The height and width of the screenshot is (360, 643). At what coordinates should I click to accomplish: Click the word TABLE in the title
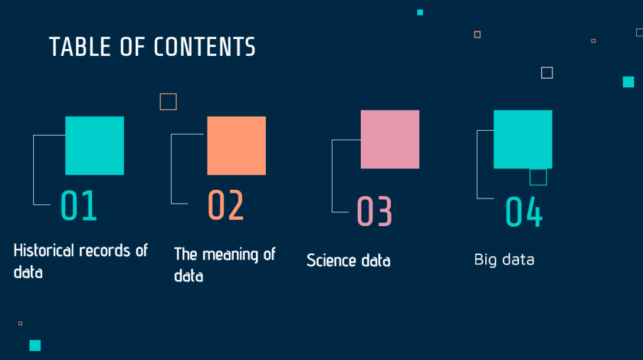click(80, 46)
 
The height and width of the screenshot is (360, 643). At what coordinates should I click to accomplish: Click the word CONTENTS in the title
click(205, 46)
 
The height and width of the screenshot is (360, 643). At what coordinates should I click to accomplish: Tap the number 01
click(79, 205)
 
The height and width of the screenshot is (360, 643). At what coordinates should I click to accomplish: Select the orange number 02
click(226, 205)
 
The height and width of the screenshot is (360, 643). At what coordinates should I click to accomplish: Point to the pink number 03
click(375, 211)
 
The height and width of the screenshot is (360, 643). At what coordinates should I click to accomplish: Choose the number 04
click(524, 211)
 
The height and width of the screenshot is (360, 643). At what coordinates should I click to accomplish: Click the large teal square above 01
click(95, 146)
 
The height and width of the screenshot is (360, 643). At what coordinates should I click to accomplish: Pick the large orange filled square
click(236, 146)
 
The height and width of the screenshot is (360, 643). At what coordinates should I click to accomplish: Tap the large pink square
click(390, 139)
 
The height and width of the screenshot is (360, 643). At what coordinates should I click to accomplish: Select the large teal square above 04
click(523, 139)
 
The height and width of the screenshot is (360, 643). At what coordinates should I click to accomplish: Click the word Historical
click(44, 251)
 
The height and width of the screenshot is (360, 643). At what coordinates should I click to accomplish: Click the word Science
click(331, 261)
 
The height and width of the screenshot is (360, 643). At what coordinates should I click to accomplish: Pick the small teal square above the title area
click(420, 13)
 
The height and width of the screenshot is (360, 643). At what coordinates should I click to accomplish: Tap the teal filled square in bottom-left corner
click(35, 346)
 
